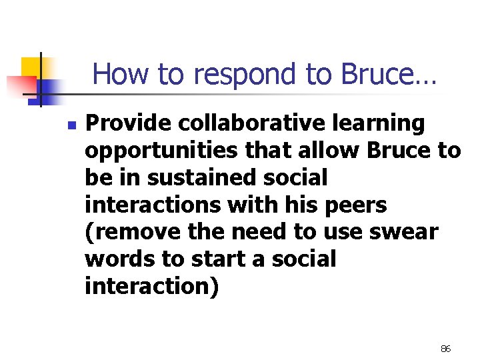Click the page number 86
(x=446, y=349)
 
